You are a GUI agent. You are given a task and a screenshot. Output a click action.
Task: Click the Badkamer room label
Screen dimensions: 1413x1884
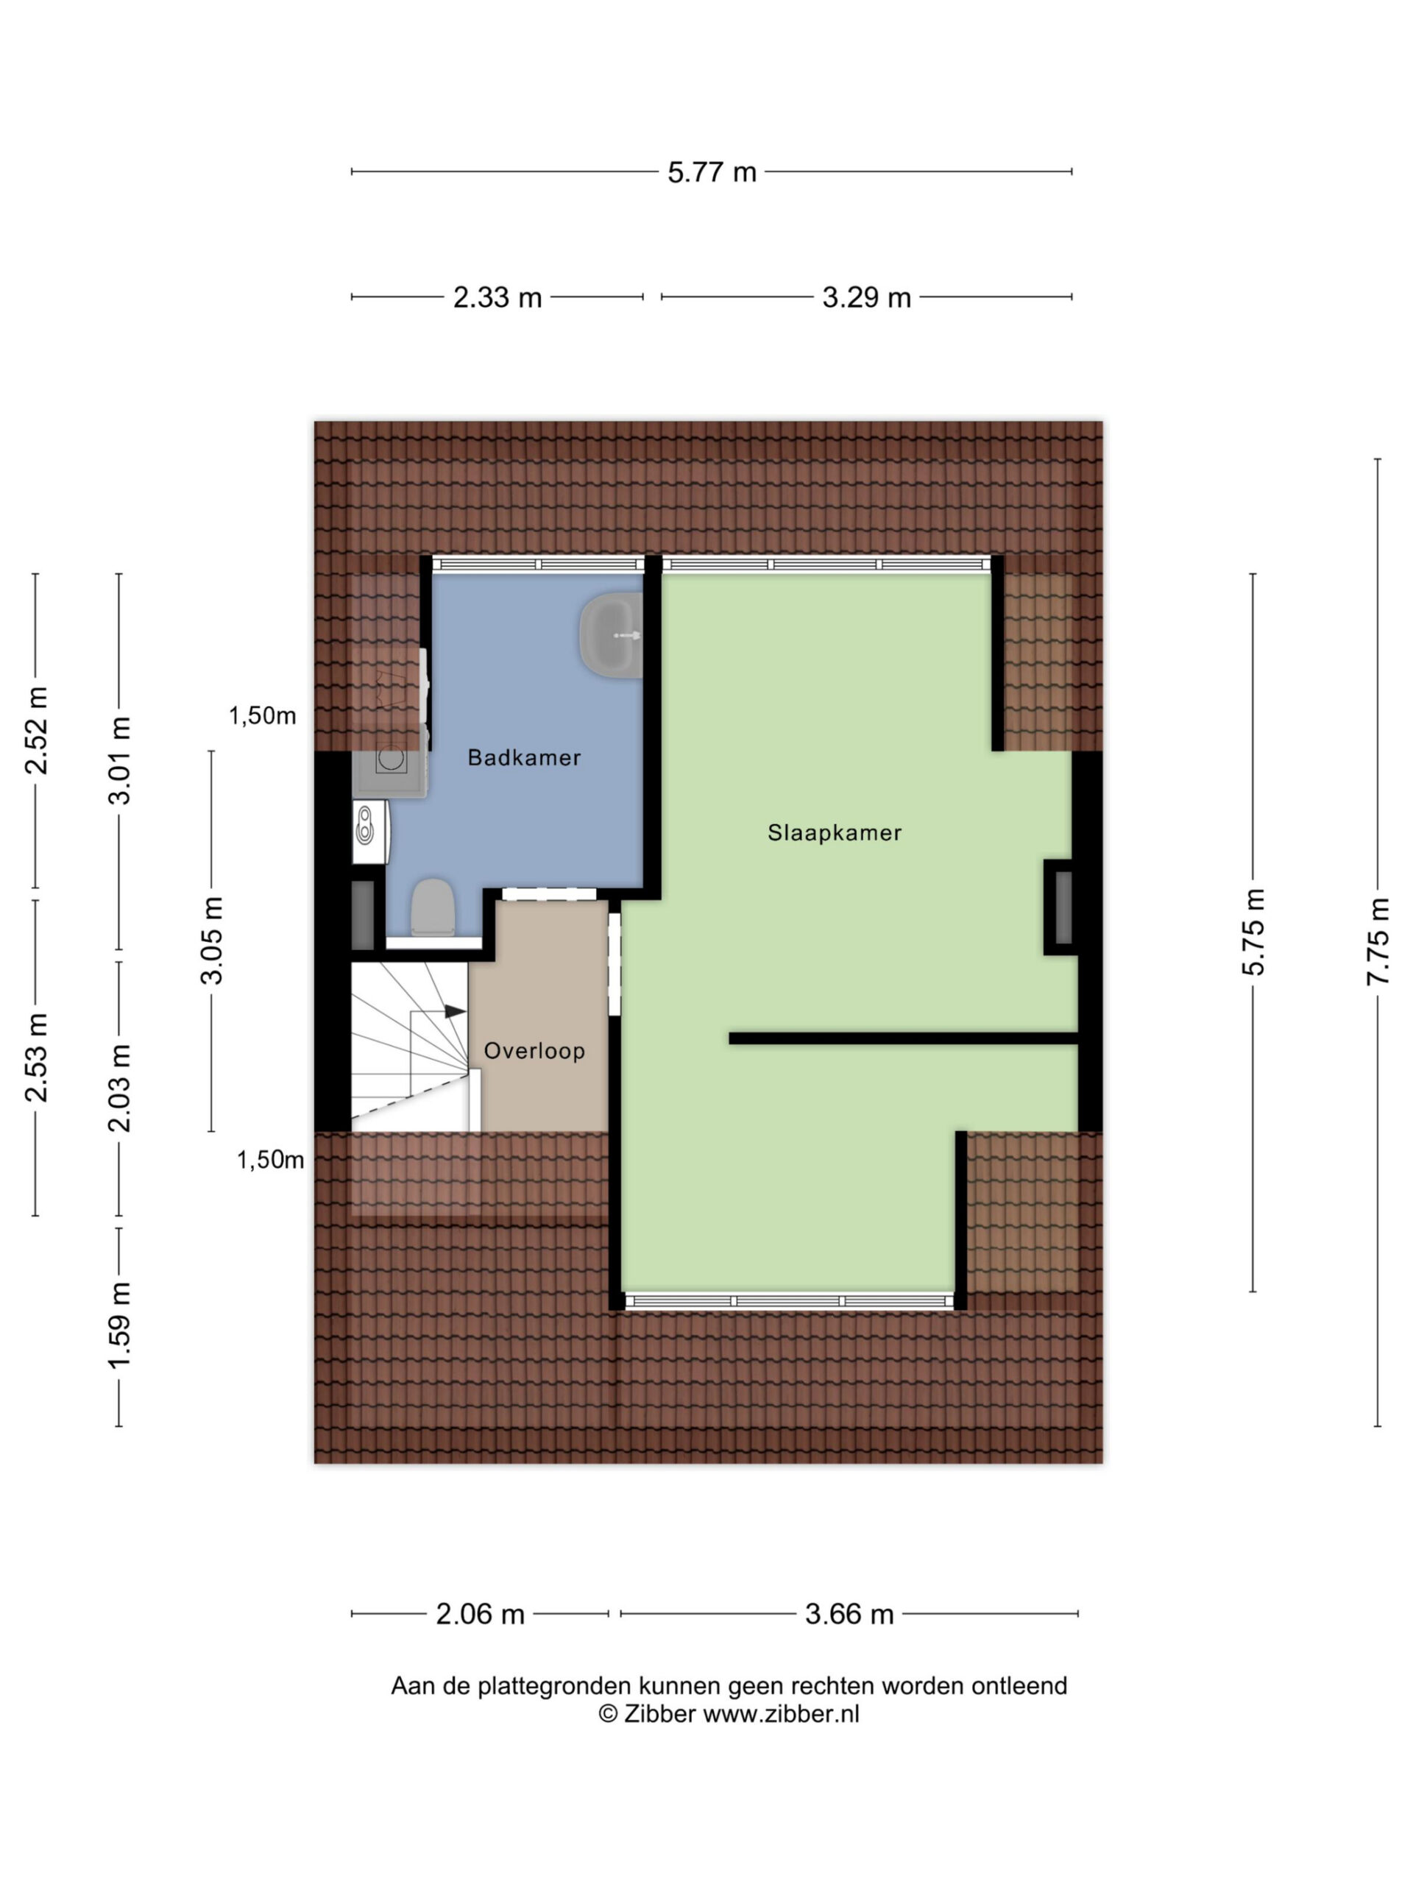pyautogui.click(x=524, y=757)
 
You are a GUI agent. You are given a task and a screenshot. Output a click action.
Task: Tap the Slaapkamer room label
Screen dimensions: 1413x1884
pyautogui.click(x=834, y=832)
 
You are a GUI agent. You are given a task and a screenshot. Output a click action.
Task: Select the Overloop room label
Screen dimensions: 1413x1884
pyautogui.click(x=534, y=1050)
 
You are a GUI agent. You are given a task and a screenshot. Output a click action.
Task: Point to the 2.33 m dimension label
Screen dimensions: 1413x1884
pyautogui.click(x=497, y=297)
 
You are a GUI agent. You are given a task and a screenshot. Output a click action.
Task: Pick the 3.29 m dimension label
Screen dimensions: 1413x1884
pyautogui.click(x=866, y=297)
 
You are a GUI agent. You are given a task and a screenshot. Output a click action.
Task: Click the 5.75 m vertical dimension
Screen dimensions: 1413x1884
pyautogui.click(x=1253, y=931)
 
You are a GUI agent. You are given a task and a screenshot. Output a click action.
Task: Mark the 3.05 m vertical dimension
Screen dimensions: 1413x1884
pyautogui.click(x=211, y=941)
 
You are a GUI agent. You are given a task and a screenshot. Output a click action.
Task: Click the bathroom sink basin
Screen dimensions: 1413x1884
pyautogui.click(x=611, y=635)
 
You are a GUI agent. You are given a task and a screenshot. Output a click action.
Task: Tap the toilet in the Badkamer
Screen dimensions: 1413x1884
pyautogui.click(x=433, y=907)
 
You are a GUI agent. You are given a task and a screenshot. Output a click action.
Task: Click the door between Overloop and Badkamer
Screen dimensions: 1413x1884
pyautogui.click(x=548, y=894)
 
